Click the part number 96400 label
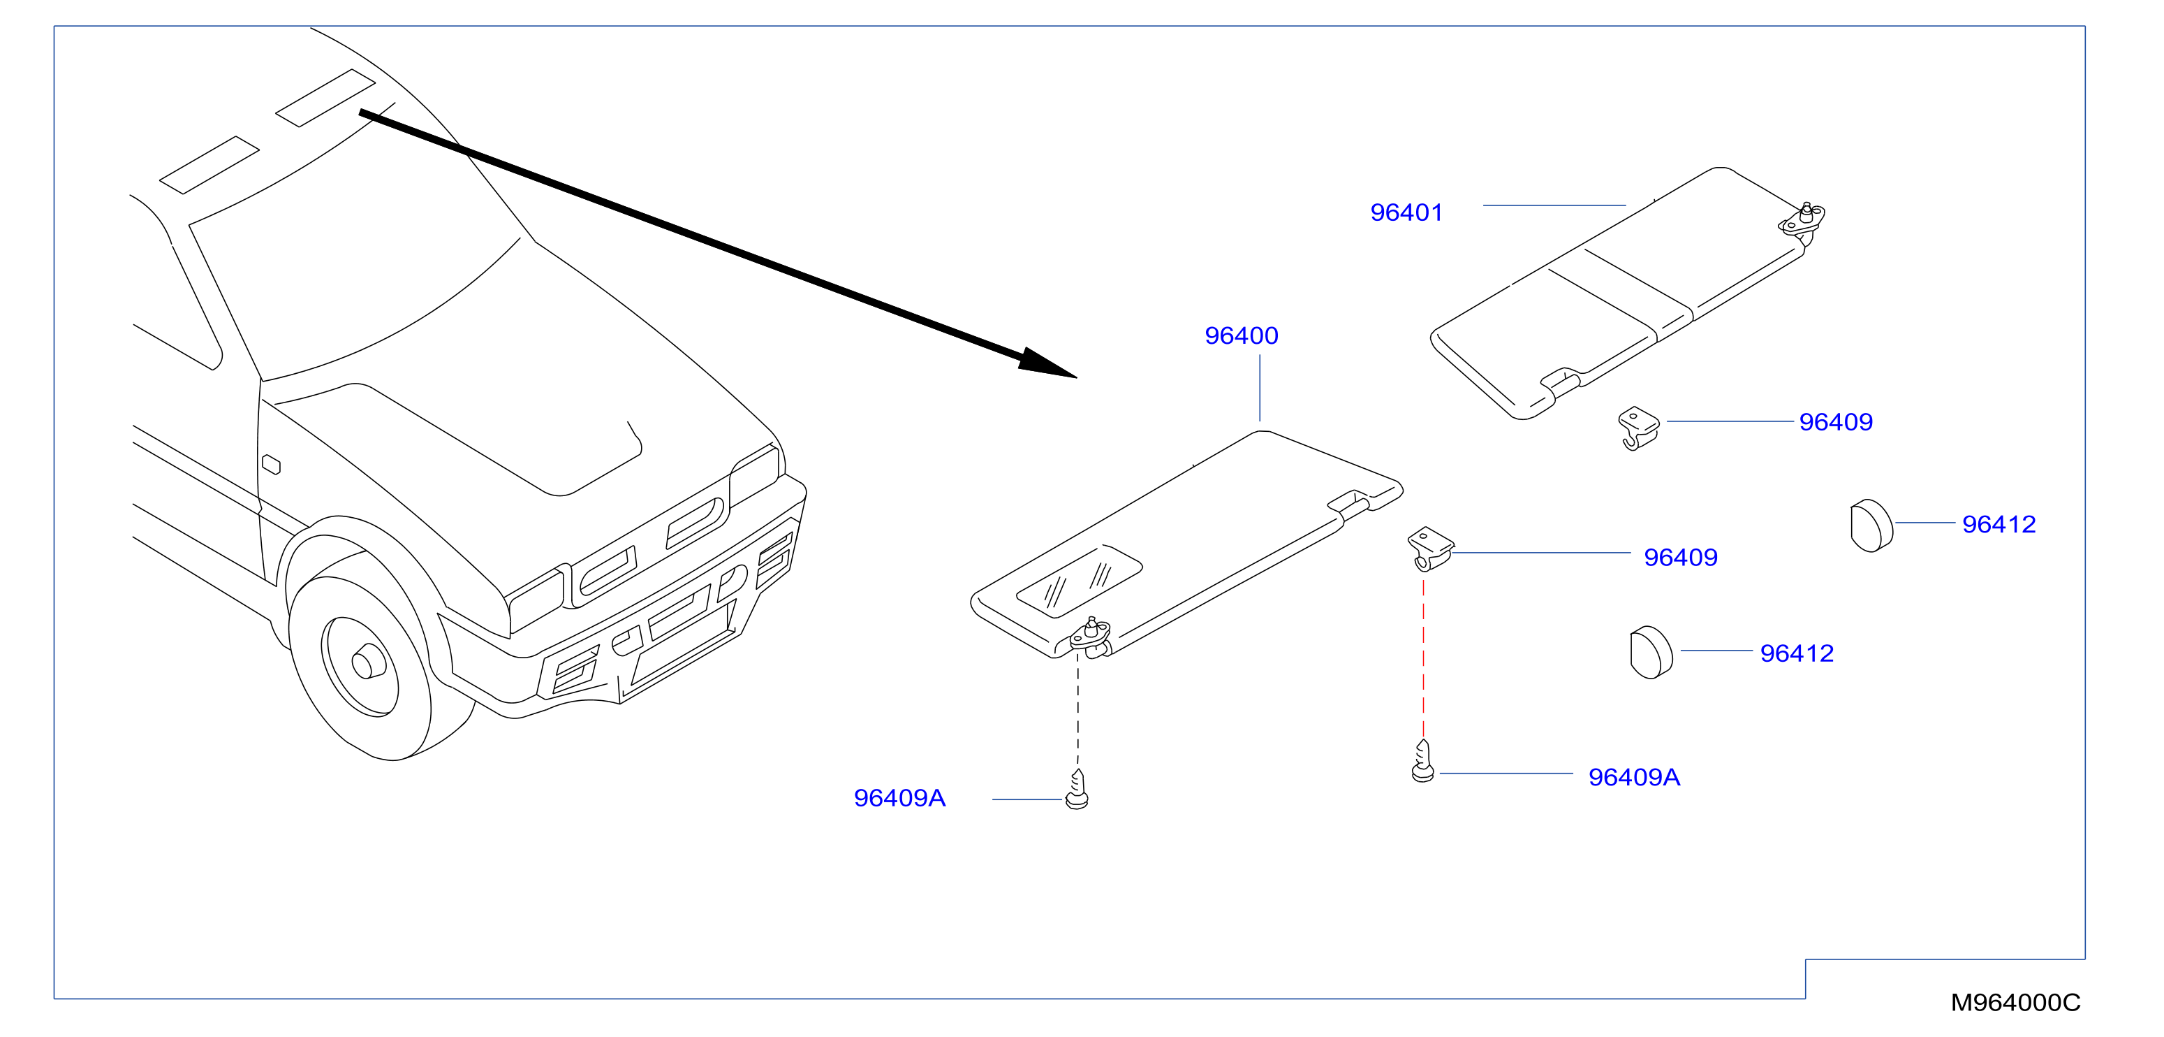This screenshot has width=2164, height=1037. (x=1241, y=336)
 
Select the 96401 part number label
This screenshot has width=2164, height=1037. (x=1406, y=212)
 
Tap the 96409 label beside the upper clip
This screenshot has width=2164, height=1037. (x=1836, y=422)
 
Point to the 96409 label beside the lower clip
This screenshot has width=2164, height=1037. (x=1680, y=557)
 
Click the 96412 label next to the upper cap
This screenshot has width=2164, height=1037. (x=1999, y=524)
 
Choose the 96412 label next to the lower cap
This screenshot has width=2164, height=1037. (x=1797, y=653)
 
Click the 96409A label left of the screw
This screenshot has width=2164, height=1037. (x=899, y=797)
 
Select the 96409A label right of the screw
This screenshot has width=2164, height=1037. (x=1634, y=777)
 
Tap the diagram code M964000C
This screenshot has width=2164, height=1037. (x=2015, y=1003)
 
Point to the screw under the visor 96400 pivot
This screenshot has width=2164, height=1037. (x=1077, y=790)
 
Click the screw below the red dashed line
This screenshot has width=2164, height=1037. (x=1423, y=762)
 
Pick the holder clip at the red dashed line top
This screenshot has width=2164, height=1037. (x=1431, y=549)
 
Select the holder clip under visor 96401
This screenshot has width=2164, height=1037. (x=1639, y=428)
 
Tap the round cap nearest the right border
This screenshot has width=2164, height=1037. (x=1871, y=526)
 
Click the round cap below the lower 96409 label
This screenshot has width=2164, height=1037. (x=1651, y=653)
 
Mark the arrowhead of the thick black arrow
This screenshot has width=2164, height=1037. (x=1046, y=364)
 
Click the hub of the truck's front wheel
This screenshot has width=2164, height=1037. (x=368, y=663)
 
